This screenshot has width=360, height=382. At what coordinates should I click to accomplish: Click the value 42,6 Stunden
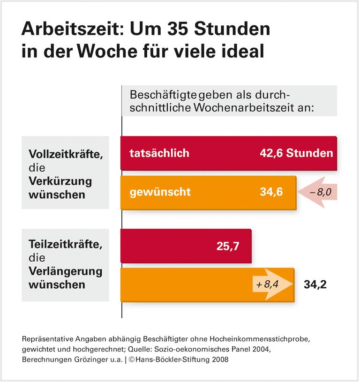(296, 153)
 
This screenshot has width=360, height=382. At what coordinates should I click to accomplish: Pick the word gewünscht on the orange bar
(160, 192)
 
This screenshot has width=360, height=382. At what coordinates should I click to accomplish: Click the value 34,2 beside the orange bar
(315, 284)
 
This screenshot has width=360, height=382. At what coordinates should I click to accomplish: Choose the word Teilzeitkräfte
(65, 244)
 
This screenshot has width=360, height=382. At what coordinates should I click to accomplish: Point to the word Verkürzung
(60, 181)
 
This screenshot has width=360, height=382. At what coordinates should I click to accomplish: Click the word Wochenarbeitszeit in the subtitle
(249, 107)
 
